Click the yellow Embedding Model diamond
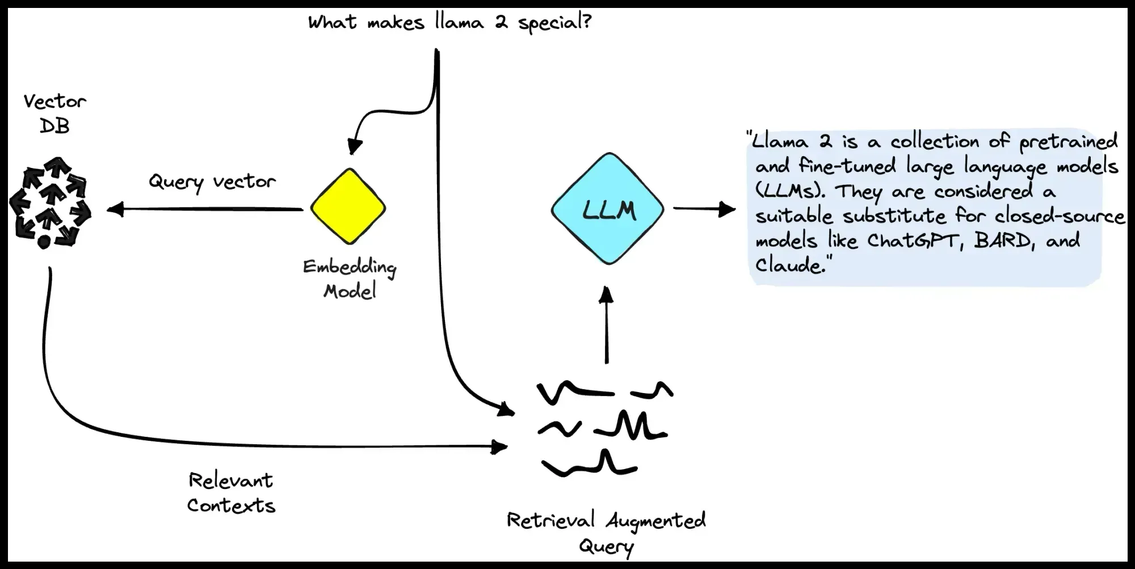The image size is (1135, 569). point(348,206)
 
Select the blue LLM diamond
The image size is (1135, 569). point(608,209)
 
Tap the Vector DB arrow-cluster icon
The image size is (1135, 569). point(50,203)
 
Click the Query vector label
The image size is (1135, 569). point(212,182)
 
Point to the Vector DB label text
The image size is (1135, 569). point(54,113)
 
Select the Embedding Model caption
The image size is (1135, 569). point(350,279)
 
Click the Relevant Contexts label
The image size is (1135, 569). point(231,492)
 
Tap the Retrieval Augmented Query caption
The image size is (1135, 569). point(606,532)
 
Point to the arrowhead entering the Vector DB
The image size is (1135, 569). point(115,210)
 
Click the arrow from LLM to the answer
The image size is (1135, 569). point(704,209)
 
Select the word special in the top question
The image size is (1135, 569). point(554,23)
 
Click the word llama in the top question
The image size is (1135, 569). point(459,22)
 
